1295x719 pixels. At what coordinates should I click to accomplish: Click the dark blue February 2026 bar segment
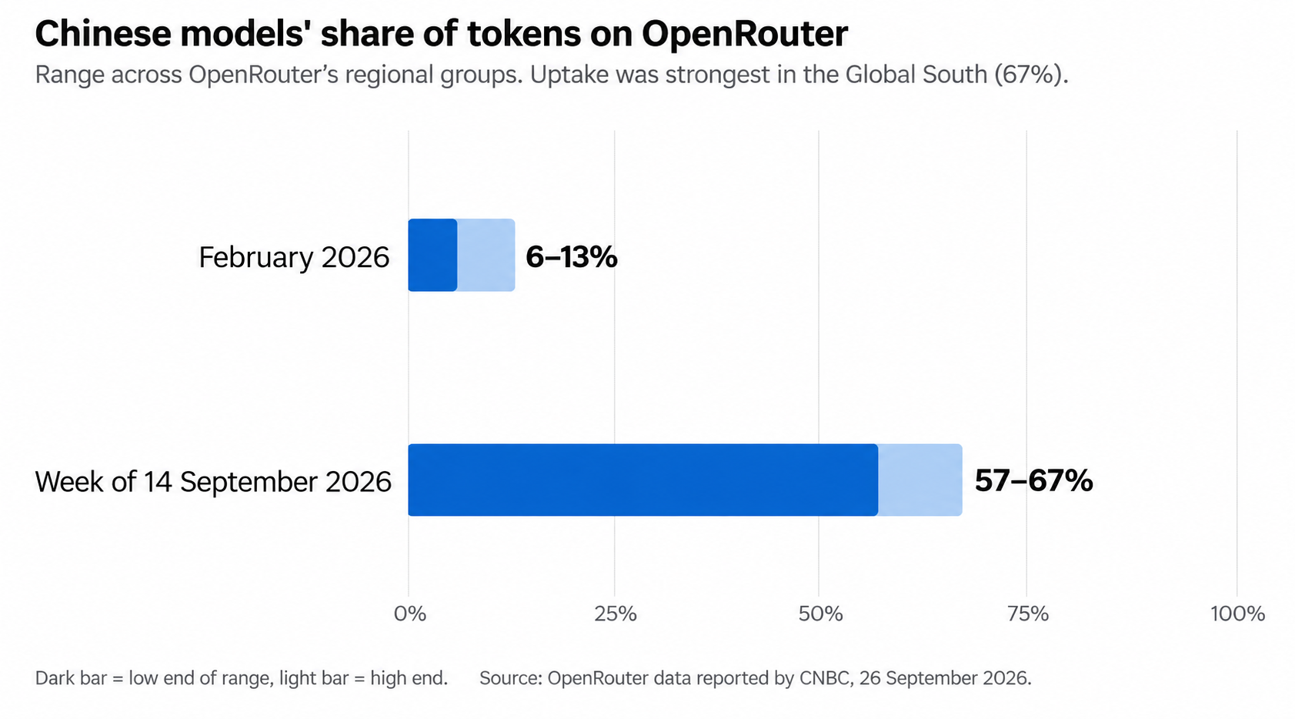(x=432, y=255)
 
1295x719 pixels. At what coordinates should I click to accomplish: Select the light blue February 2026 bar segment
(x=486, y=255)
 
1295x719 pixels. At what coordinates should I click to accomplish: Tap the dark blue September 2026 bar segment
(x=642, y=480)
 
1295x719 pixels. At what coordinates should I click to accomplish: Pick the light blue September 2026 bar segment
(x=920, y=480)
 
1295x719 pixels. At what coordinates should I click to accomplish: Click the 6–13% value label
(x=571, y=257)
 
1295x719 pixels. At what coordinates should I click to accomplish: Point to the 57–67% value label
(x=1033, y=480)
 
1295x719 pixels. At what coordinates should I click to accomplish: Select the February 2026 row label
(x=294, y=257)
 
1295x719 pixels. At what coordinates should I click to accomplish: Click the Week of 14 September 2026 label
(x=213, y=482)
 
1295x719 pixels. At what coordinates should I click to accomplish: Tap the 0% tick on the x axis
(x=410, y=614)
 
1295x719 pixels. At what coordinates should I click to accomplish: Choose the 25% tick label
(x=615, y=614)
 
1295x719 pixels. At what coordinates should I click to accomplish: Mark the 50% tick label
(x=820, y=614)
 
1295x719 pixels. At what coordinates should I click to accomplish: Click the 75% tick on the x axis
(x=1027, y=614)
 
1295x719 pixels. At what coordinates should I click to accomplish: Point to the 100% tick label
(x=1238, y=614)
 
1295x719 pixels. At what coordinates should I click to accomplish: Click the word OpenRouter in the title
(x=745, y=34)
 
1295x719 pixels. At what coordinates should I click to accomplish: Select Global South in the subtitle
(x=916, y=75)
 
